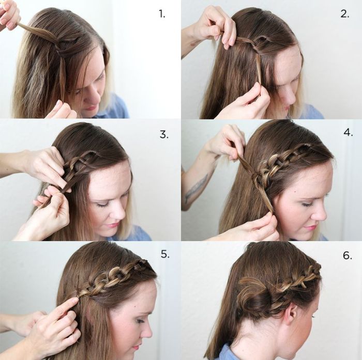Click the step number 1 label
click(x=162, y=14)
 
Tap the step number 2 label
click(x=344, y=14)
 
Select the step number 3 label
click(x=164, y=135)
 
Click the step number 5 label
click(x=165, y=254)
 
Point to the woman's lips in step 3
click(x=112, y=224)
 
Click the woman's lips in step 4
click(x=310, y=227)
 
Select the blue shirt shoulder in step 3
click(x=137, y=235)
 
